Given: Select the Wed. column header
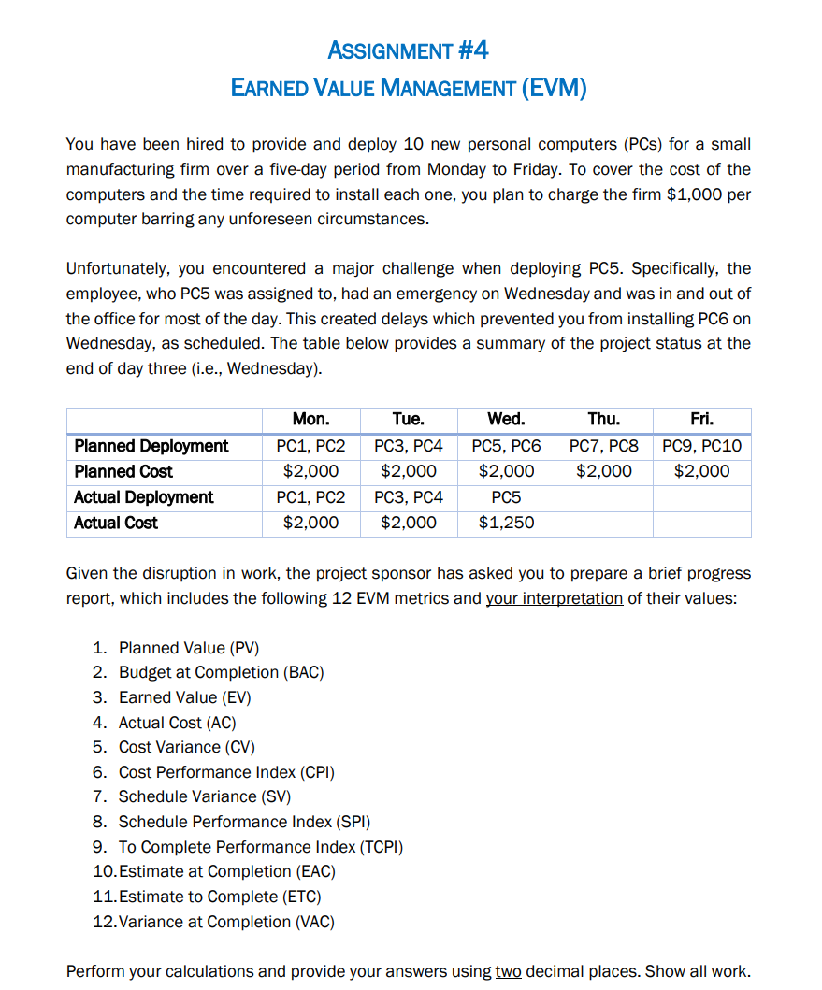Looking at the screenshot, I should [x=506, y=420].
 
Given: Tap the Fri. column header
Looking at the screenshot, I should [x=701, y=420].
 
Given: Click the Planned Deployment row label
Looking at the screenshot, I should [x=151, y=446].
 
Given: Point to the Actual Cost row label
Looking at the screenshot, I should [x=116, y=523].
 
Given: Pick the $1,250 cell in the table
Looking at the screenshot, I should [x=506, y=523].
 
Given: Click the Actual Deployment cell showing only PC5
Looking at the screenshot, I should [x=506, y=497].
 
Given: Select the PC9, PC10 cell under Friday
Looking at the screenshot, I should [x=701, y=446].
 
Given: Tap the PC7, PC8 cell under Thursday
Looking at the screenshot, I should [x=603, y=446].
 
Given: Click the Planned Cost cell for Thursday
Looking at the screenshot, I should [x=603, y=471].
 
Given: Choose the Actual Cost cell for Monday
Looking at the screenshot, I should [x=310, y=523].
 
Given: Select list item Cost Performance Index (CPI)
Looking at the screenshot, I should [x=225, y=772].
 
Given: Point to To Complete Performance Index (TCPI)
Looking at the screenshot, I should [x=260, y=847].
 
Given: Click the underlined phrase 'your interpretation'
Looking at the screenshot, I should [x=554, y=598].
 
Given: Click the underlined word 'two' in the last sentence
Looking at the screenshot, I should [x=508, y=971].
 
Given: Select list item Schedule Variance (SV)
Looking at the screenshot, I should [x=204, y=796].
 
